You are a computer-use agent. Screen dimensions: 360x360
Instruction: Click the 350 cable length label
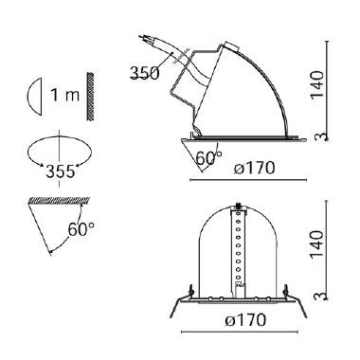144,73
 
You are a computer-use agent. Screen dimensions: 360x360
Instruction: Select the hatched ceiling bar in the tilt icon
53,200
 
